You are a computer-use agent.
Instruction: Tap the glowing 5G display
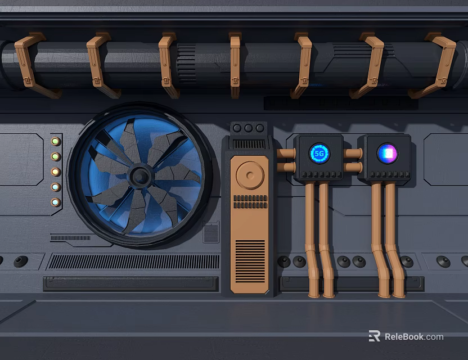pos(319,153)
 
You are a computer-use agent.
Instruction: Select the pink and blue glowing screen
pos(387,153)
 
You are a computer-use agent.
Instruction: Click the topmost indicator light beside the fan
pos(56,141)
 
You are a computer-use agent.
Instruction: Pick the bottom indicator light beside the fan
pos(56,202)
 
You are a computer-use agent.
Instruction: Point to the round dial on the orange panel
pos(249,174)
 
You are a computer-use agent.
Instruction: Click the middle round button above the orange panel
pos(249,128)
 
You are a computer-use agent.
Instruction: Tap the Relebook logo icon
pos(374,336)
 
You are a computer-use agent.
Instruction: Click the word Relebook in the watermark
pos(404,337)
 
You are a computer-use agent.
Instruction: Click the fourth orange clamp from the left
pos(235,65)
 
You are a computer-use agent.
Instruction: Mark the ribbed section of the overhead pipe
pos(186,63)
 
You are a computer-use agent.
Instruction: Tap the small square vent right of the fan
pos(211,232)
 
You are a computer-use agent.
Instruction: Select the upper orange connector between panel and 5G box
pos(286,153)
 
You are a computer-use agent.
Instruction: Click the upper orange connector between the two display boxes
pos(353,153)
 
